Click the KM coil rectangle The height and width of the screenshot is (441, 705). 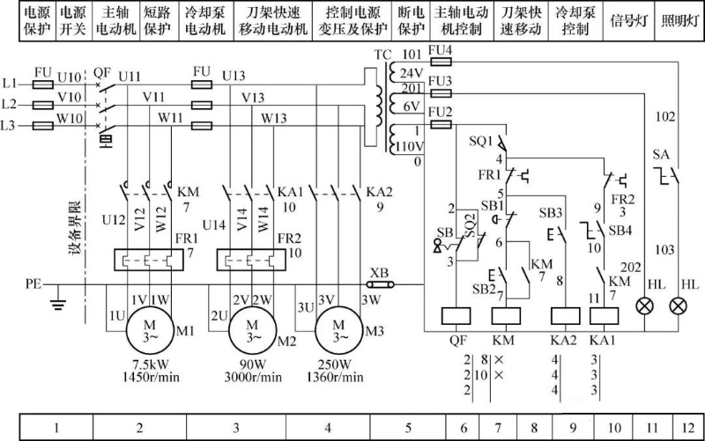[506, 316]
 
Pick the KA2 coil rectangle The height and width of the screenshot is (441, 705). [565, 316]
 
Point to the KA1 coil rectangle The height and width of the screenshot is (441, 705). [604, 316]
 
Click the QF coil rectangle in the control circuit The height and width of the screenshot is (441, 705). [456, 316]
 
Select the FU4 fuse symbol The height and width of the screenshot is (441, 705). [441, 62]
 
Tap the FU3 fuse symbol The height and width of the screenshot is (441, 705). [441, 93]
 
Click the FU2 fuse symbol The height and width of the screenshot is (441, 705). [441, 124]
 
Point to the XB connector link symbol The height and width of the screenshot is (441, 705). [381, 284]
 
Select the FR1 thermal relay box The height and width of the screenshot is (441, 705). [148, 260]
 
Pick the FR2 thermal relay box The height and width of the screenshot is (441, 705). [251, 260]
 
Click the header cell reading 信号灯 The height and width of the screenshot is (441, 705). [628, 21]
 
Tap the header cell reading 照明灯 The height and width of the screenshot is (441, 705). [679, 21]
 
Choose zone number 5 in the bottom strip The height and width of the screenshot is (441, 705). [408, 428]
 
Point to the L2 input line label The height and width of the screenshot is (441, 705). [9, 104]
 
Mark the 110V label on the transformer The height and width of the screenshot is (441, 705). [410, 147]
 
